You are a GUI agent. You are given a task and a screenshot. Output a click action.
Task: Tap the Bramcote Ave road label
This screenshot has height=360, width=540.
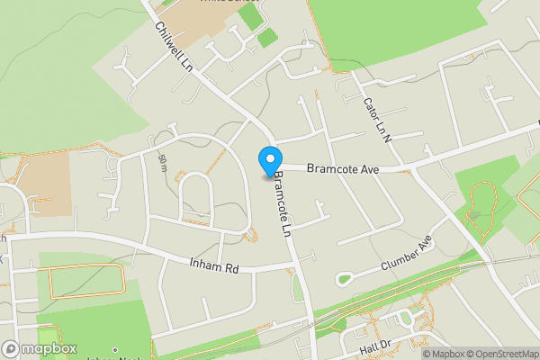click(342, 168)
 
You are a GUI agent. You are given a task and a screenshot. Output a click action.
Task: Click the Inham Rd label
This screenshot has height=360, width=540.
click(212, 267)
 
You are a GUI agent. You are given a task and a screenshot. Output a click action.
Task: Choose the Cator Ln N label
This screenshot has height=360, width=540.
click(375, 118)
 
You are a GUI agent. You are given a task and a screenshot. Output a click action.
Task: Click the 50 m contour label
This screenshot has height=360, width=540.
click(162, 162)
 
